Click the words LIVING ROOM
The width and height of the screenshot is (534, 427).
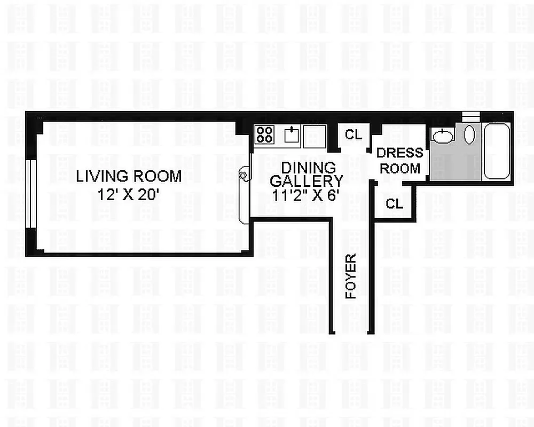[129, 176]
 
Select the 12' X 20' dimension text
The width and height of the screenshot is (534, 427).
[129, 195]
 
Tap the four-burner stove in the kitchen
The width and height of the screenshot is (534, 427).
[263, 134]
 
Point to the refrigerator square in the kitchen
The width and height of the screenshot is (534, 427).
[314, 136]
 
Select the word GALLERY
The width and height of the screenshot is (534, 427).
[306, 181]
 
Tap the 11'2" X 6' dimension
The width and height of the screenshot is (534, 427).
[305, 195]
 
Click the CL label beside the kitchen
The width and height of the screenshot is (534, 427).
[353, 135]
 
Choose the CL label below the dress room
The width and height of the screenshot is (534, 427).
[394, 203]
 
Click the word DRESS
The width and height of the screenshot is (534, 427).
[399, 153]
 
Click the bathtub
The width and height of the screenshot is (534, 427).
[497, 151]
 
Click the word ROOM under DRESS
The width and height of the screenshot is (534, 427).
[400, 168]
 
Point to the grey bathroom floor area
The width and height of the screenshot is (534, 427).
[454, 163]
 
